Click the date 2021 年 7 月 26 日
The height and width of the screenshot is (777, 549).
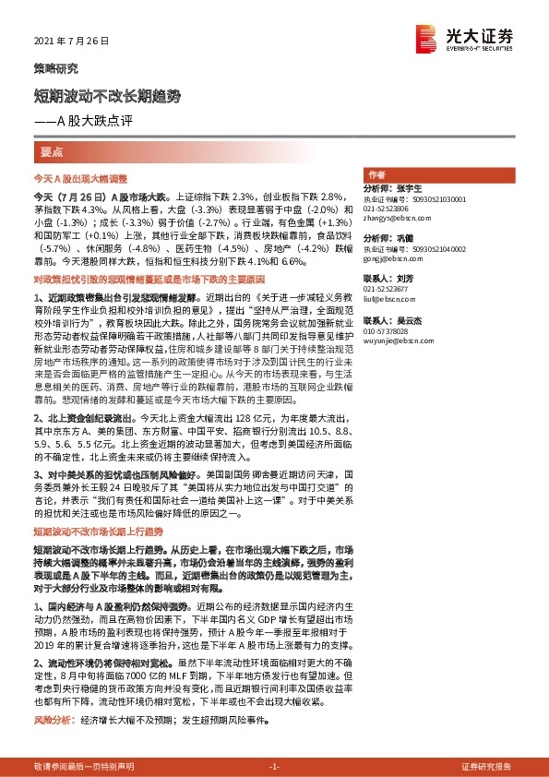[x=70, y=42]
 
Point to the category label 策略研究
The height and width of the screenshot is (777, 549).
[x=50, y=68]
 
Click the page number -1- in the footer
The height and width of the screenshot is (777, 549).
[x=274, y=767]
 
